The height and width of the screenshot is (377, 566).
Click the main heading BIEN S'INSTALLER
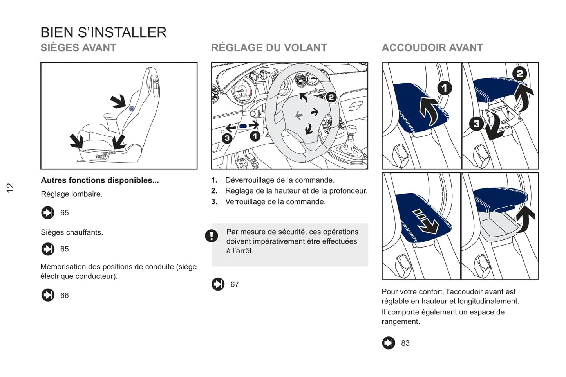[103, 32]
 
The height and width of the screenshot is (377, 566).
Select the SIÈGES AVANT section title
[78, 48]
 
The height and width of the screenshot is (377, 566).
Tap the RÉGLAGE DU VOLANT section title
[269, 48]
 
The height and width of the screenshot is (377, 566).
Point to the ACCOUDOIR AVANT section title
[432, 48]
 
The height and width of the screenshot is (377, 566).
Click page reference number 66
[64, 296]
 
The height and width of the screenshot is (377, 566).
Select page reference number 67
[235, 285]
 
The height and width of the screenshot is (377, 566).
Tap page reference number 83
[405, 343]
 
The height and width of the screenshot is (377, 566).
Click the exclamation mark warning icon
[212, 235]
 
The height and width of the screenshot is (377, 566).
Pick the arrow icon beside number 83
[389, 343]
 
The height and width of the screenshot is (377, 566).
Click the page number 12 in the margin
[10, 187]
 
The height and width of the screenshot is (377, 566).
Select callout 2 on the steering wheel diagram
[331, 97]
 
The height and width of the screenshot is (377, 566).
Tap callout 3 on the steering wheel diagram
[227, 138]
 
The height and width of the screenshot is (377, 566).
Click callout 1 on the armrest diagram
[444, 88]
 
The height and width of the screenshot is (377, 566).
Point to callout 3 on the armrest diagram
[476, 124]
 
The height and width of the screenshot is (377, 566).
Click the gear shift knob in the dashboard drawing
[351, 130]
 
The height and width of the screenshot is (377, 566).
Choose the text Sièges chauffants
[72, 232]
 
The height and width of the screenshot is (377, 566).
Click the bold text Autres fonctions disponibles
[100, 180]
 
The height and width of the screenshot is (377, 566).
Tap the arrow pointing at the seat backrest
[118, 101]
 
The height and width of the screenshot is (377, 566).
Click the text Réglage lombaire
[71, 194]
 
